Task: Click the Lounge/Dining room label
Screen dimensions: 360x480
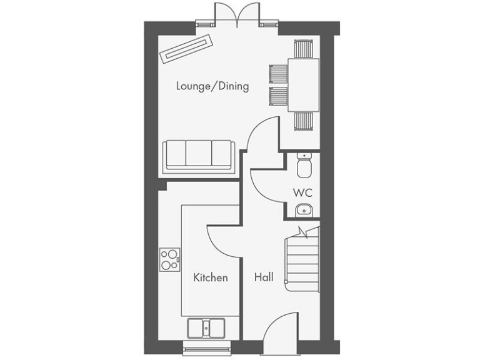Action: [x=212, y=86]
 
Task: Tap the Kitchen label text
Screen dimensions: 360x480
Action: [x=210, y=277]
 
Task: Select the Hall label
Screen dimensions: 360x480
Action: [x=263, y=277]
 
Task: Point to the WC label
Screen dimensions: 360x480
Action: [x=302, y=192]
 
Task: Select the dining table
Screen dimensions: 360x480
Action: [x=304, y=85]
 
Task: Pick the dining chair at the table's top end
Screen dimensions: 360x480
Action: [x=304, y=49]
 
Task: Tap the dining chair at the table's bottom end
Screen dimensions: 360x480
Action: [x=304, y=121]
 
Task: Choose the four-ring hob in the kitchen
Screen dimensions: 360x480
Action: [x=169, y=259]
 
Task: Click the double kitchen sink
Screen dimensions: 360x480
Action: [x=206, y=328]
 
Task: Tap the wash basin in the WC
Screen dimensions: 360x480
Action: [x=302, y=209]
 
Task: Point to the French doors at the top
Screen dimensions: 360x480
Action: [x=236, y=14]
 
